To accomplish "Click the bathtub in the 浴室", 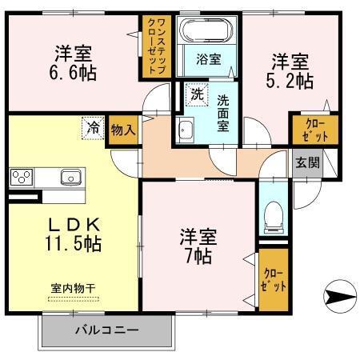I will (x=206, y=31).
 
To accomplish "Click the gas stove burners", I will (x=20, y=176).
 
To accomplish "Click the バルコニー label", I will (x=106, y=329).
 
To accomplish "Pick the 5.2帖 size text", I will (x=290, y=80).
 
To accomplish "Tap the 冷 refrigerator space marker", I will (x=94, y=126).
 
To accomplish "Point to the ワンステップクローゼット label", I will (x=154, y=48).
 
